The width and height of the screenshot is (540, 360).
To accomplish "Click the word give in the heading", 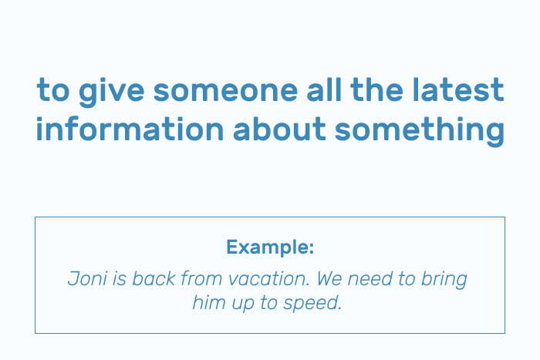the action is point(111,91).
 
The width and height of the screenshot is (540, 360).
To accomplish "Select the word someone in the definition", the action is point(225,90).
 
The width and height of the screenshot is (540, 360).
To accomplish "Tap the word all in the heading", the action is point(324,89).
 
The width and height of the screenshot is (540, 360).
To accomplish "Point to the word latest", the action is point(458,89).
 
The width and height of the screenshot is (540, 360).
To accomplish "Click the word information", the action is point(130,129).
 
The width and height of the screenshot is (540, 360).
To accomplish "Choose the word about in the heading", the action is point(279,129).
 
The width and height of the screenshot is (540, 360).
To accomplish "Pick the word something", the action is point(420,131).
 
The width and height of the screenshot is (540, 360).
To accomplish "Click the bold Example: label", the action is point(270,247).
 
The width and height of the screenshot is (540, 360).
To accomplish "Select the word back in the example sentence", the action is point(154,278).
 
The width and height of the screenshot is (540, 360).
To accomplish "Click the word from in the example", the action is point(201,278).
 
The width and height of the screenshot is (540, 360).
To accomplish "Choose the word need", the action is point(370,278).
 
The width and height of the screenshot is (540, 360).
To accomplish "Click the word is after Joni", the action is point(120,278).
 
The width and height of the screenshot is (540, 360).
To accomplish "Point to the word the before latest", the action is point(376,89).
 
